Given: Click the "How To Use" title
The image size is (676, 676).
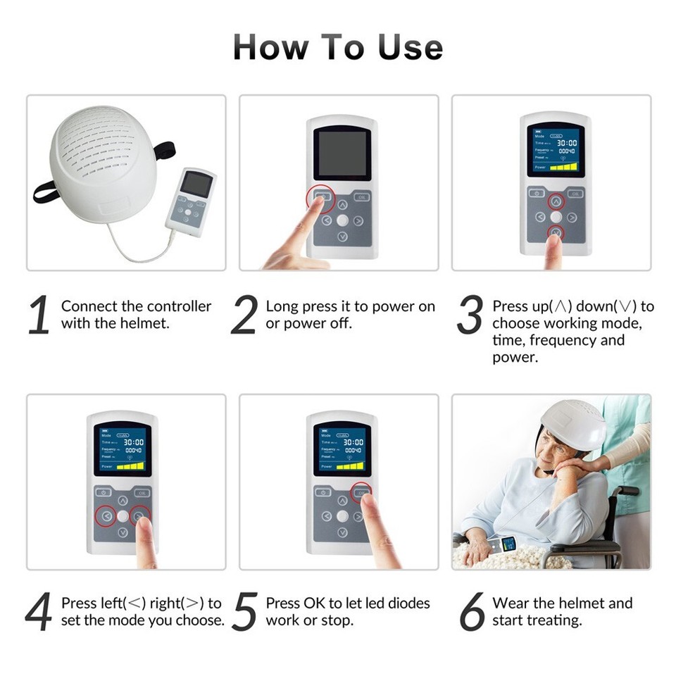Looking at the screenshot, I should click(338, 47).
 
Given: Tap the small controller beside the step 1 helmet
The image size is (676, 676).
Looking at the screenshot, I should click(191, 201).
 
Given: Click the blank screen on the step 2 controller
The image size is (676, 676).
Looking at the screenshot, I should click(342, 154).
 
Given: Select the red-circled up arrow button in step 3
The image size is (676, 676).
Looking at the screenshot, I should click(556, 201).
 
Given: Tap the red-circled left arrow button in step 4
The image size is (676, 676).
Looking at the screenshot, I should click(105, 516).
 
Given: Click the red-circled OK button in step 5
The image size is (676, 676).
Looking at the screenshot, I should click(362, 493).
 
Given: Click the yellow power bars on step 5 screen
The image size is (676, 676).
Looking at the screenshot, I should click(350, 465).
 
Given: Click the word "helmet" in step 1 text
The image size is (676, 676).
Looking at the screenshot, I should click(146, 324).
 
